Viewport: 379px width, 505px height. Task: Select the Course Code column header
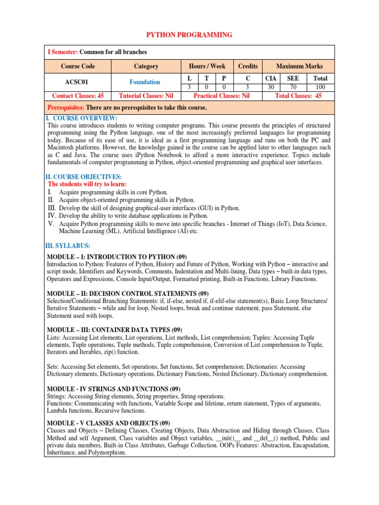[78, 66]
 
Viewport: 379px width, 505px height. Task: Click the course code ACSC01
[78, 82]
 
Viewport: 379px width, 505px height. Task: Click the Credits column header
[248, 66]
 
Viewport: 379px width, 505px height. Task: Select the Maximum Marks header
[299, 66]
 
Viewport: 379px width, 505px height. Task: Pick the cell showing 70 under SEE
[293, 87]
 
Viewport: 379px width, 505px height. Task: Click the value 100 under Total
[320, 87]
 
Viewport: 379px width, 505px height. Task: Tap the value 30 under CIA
[270, 87]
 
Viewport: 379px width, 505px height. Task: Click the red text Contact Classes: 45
[78, 96]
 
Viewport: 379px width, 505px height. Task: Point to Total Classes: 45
[299, 96]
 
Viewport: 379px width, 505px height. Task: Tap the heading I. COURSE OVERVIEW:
[82, 118]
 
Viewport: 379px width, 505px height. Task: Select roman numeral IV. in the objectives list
[52, 216]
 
